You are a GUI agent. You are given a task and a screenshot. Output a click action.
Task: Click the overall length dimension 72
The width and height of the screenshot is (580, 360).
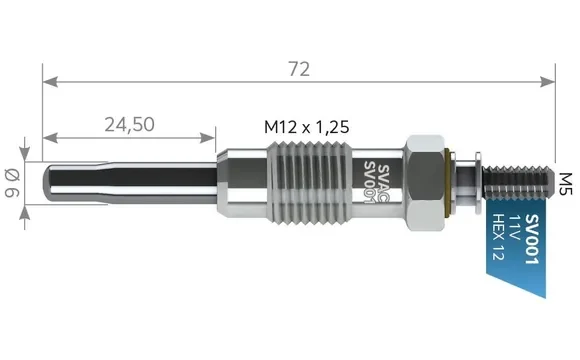click(299, 69)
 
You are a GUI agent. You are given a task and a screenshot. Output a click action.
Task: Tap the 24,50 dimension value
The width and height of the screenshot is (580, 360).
click(129, 124)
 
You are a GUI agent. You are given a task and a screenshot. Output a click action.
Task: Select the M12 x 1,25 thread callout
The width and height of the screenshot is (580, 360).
click(307, 127)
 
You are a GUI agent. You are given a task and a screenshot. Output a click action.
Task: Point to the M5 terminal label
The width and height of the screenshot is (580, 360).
click(565, 184)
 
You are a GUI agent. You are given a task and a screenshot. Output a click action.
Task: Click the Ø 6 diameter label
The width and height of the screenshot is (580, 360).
click(13, 183)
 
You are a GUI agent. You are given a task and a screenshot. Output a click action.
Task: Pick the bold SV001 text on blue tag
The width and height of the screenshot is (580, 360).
click(532, 239)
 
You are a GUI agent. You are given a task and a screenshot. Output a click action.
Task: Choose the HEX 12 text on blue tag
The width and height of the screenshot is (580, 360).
click(499, 237)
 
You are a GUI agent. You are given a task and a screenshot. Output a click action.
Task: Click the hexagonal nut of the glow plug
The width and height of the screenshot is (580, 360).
click(425, 183)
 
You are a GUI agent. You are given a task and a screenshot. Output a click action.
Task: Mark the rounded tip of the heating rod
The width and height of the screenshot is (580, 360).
click(47, 183)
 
